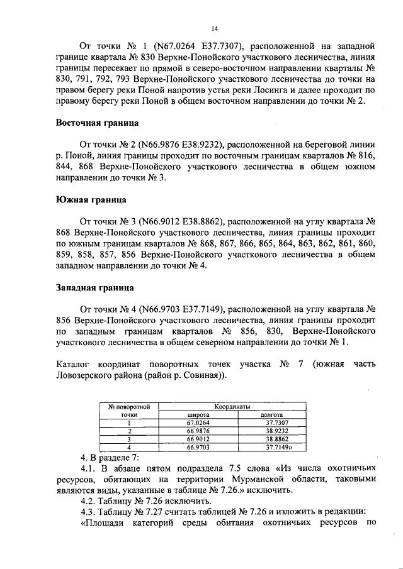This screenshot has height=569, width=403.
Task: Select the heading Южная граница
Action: [x=90, y=200]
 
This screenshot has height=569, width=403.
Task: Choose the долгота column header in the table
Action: [x=271, y=415]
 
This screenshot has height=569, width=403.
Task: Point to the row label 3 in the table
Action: [x=128, y=439]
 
